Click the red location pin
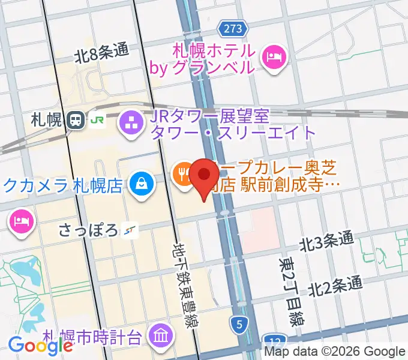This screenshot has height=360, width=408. (205, 176)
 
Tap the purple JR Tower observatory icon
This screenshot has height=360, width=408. (130, 124)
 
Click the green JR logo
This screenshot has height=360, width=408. (96, 120)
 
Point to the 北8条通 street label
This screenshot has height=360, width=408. (102, 53)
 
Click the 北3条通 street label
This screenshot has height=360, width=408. (327, 241)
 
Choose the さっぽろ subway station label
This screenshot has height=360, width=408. (90, 230)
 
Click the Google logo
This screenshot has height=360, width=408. (41, 345)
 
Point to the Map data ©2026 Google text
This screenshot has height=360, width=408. (335, 352)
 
